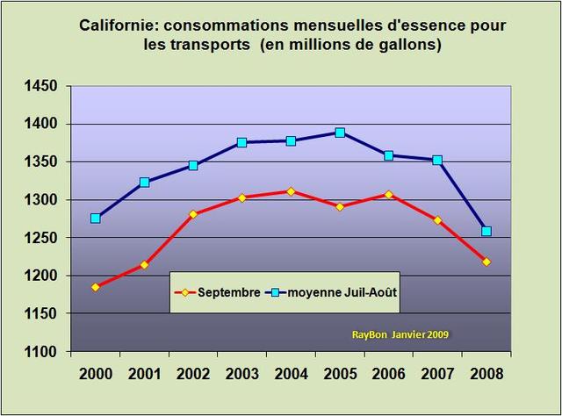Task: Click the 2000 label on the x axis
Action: (95, 373)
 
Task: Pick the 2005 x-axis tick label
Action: (339, 373)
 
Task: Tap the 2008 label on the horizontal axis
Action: (486, 373)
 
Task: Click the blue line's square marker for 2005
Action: (339, 133)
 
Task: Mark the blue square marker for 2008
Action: (486, 232)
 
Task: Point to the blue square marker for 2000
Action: (95, 218)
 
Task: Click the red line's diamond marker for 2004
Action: (290, 191)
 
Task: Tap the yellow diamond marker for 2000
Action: (95, 287)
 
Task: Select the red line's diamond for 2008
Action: (486, 262)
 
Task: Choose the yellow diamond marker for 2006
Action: (388, 194)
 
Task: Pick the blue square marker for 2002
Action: (192, 165)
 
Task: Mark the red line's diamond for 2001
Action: (144, 264)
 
